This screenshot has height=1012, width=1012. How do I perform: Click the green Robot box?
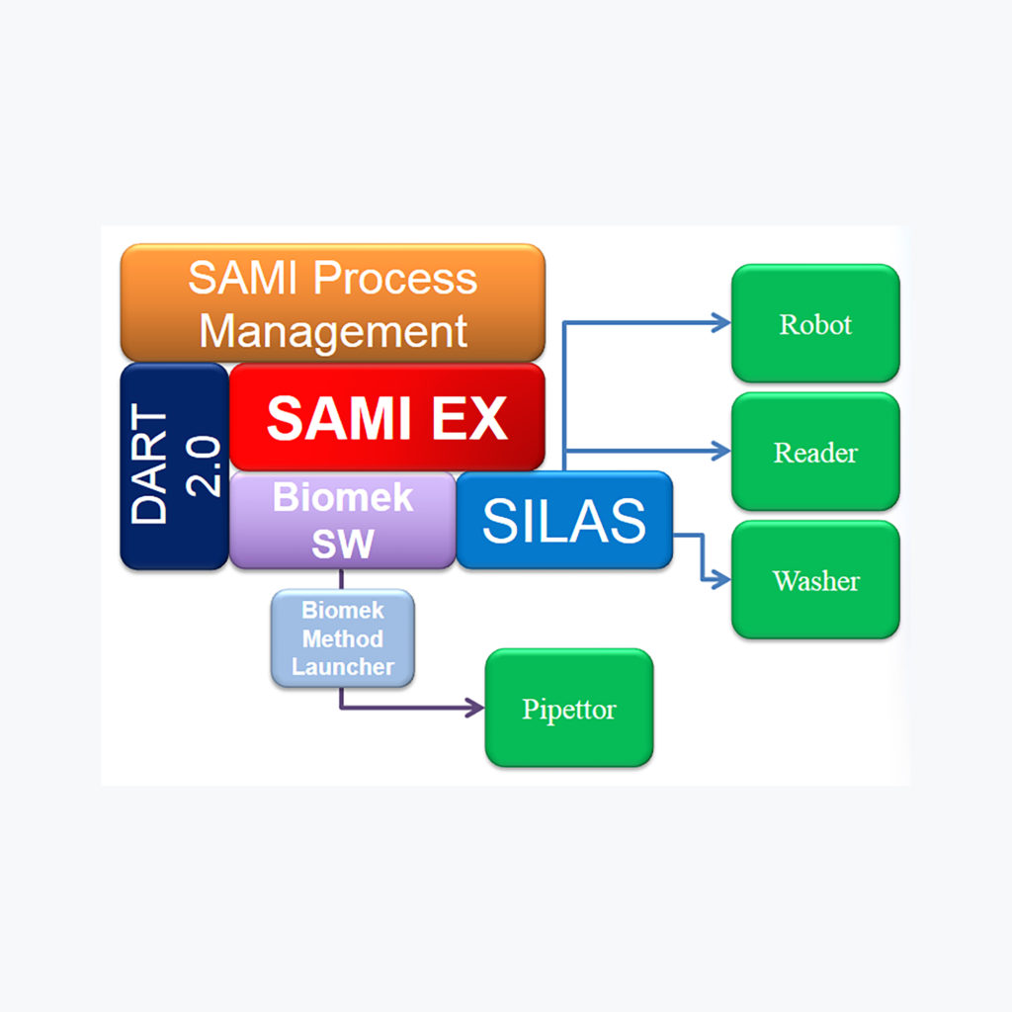[815, 323]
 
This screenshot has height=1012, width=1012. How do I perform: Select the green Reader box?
[815, 452]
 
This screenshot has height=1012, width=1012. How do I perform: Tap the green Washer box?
[815, 579]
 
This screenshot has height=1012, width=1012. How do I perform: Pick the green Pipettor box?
[568, 708]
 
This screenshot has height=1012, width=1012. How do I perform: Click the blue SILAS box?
[563, 520]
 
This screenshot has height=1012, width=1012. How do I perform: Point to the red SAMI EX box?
[386, 417]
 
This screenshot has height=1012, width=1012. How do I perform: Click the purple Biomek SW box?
[342, 520]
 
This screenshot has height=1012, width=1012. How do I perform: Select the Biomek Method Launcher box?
[342, 638]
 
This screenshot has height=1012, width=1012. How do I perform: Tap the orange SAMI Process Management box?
[332, 303]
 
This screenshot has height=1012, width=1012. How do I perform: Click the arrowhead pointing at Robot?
[722, 322]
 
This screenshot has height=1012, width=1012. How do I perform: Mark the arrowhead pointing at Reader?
[722, 451]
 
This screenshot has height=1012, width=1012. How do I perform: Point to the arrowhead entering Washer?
[722, 579]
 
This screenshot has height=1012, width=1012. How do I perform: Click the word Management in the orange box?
[333, 330]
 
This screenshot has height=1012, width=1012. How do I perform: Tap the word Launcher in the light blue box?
[342, 666]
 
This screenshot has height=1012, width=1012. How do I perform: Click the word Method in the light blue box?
[342, 638]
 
